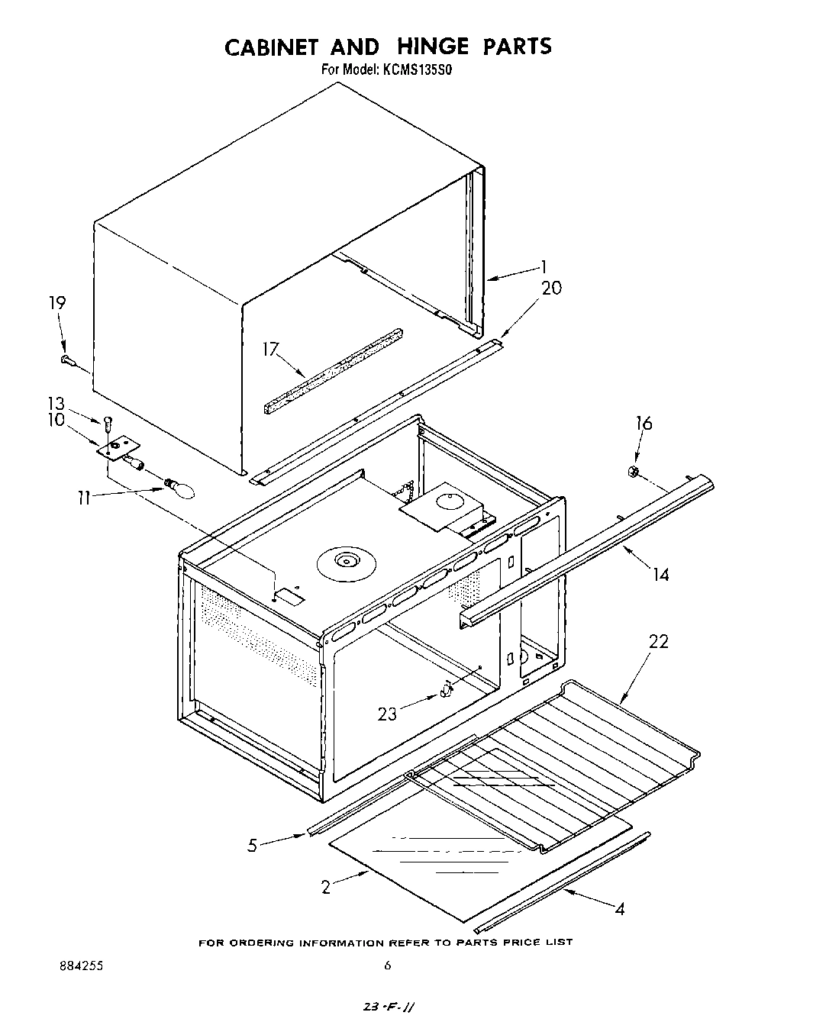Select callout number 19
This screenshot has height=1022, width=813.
pos(57,302)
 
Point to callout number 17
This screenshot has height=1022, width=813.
pos(270,349)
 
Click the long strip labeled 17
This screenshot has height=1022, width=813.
pos(333,370)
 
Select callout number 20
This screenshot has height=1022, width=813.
pos(551,288)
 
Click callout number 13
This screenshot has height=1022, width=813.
pos(56,404)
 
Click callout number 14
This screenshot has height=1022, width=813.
pos(660,574)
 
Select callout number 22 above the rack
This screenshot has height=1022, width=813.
pos(658,641)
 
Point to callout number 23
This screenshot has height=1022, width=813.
pos(388,714)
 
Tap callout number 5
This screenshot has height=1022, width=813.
pos(252,846)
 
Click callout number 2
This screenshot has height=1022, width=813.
pos(326,887)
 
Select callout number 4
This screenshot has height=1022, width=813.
pos(621,909)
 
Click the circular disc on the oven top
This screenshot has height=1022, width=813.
pos(348,563)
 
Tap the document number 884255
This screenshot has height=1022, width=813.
pos(81,966)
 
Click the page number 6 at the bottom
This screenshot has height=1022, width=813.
pos(388,966)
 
